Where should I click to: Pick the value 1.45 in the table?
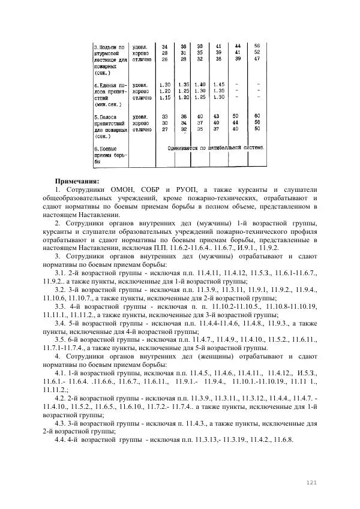click(218, 85)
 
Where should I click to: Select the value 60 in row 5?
click(257, 116)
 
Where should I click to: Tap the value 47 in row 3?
click(257, 59)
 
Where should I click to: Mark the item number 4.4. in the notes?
click(60, 439)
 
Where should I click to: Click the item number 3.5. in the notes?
click(60, 339)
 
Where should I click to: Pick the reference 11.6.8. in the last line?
click(281, 439)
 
